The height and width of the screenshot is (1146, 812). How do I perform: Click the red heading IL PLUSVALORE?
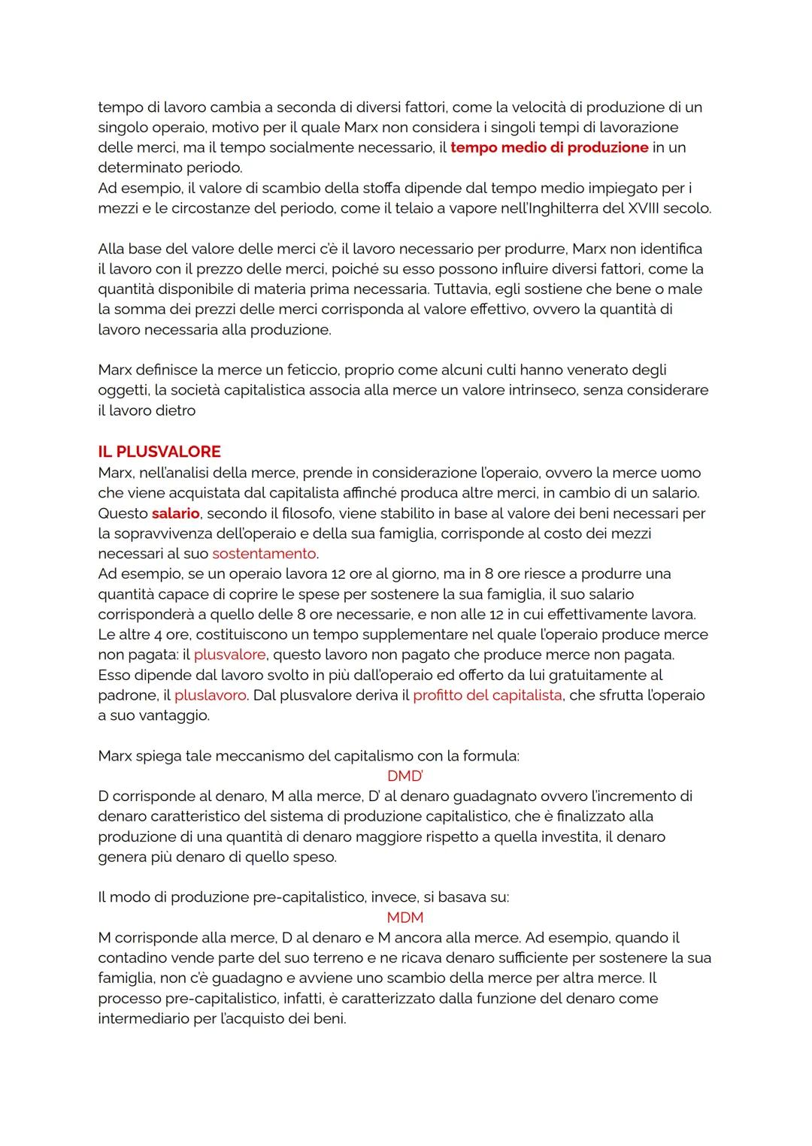159,452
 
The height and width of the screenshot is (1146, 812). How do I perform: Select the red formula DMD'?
404,776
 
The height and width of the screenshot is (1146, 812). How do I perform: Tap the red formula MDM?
404,918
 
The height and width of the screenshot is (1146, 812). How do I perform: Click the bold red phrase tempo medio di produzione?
549,147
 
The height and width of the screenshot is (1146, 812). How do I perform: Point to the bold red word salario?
175,513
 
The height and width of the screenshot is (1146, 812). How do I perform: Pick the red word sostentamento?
264,554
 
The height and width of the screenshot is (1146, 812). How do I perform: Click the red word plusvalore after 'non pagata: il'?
229,655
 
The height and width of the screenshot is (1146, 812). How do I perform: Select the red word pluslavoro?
210,695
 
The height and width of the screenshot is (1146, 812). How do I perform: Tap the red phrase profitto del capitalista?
487,695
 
